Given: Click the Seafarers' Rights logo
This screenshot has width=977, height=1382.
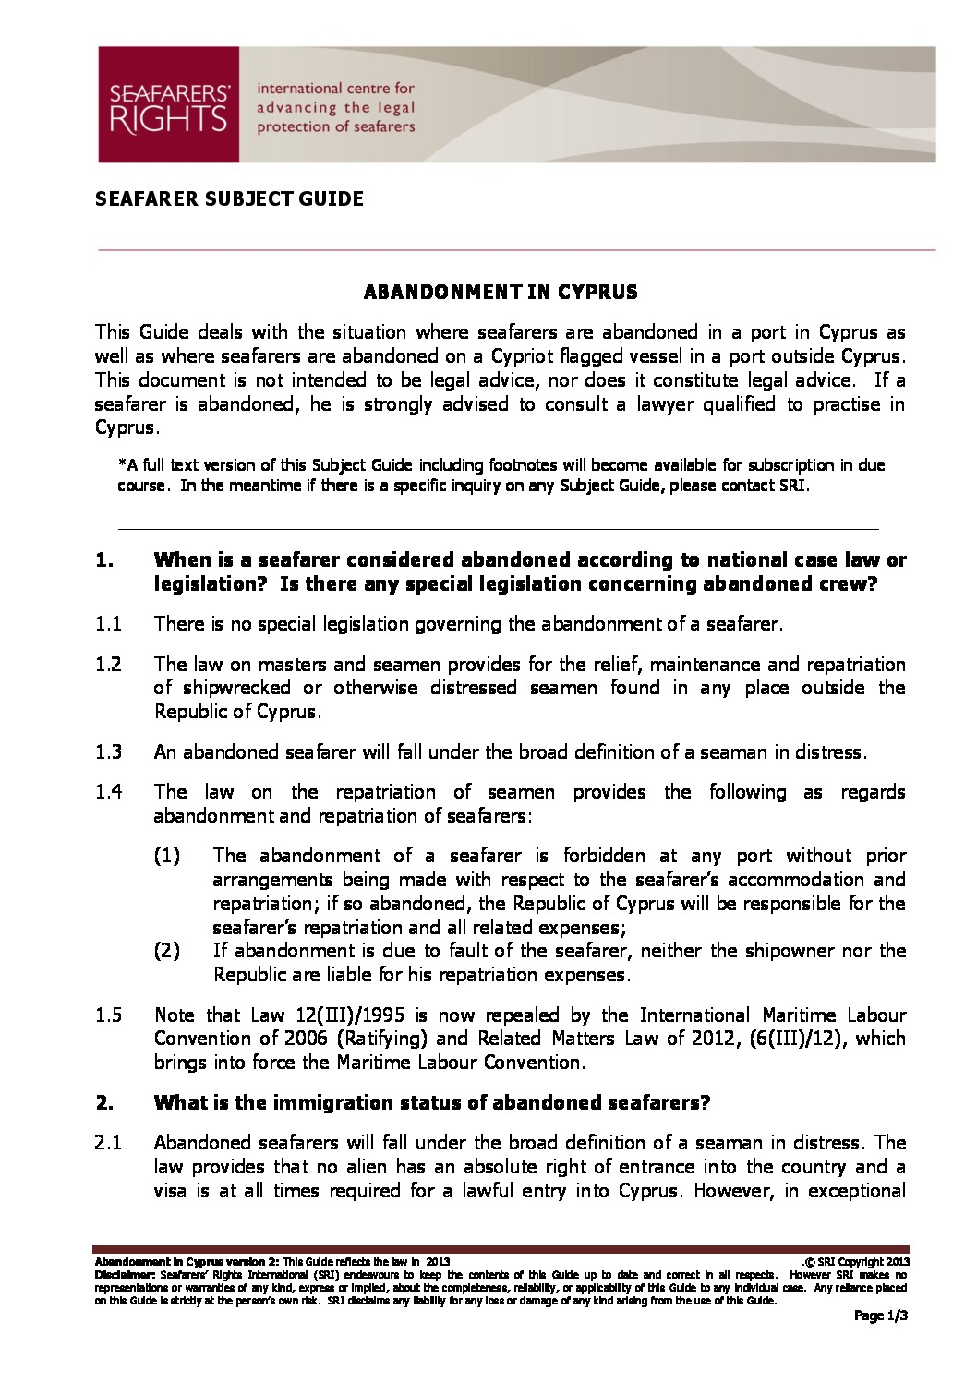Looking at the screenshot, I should click(x=169, y=105).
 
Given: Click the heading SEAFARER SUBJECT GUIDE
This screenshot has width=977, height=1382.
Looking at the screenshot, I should click(x=229, y=198).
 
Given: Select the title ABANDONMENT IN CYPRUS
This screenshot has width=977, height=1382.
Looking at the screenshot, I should click(x=501, y=293).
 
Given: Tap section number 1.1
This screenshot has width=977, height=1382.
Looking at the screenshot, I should click(x=108, y=624).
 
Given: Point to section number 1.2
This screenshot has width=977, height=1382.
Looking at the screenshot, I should click(x=108, y=665).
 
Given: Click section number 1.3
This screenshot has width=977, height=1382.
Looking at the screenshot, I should click(x=108, y=751).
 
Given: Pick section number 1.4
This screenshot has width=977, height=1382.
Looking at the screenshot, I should click(x=108, y=792).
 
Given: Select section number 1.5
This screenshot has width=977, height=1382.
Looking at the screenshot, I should click(x=108, y=1015).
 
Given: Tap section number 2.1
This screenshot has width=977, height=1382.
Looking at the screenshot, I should click(x=108, y=1143).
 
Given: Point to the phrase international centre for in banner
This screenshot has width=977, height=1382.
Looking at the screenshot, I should click(x=335, y=90).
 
